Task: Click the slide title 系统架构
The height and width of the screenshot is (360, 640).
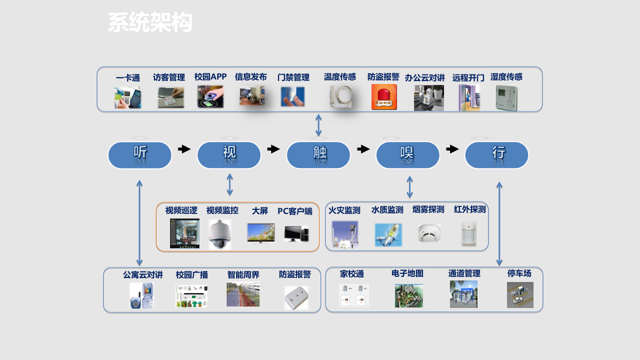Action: [x=150, y=23]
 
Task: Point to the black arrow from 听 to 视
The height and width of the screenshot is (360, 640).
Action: [x=184, y=149]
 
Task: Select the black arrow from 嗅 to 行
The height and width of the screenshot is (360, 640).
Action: [x=452, y=149]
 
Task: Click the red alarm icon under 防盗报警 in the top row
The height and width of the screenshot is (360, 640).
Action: [x=384, y=97]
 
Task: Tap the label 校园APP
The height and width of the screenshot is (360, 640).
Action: [x=210, y=77]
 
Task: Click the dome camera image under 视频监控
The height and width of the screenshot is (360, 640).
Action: [x=219, y=234]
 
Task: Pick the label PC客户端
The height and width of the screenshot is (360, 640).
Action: [x=295, y=211]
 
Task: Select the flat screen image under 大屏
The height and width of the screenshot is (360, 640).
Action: [x=261, y=233]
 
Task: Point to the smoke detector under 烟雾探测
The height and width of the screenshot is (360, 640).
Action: [x=429, y=233]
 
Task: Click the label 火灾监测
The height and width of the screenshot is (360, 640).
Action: [x=344, y=210]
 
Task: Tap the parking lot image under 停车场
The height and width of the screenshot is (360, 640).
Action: [x=520, y=294]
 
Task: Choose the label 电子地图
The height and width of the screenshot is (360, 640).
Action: [x=407, y=273]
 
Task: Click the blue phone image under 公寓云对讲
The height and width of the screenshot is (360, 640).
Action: [x=142, y=295]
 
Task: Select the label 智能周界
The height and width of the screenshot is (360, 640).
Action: [x=243, y=274]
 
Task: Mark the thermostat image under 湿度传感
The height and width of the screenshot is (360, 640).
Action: [x=506, y=98]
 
